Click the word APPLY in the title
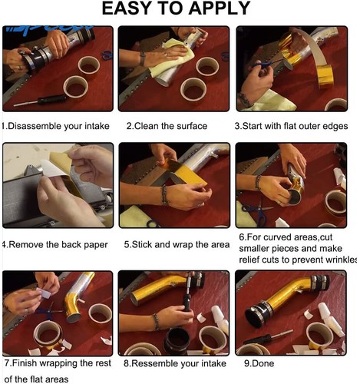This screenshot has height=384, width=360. [219, 8]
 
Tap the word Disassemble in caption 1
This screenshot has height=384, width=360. [35, 126]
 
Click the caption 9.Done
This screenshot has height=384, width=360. [259, 363]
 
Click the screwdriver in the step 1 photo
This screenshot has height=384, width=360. [41, 100]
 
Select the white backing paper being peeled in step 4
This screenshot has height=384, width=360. [54, 168]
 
